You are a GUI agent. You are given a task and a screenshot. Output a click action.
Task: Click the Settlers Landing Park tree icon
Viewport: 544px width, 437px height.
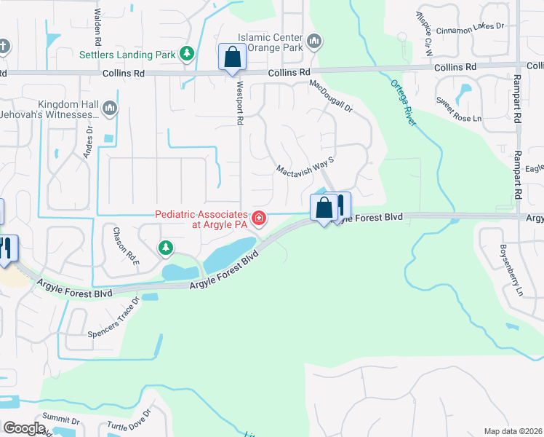point(188,53)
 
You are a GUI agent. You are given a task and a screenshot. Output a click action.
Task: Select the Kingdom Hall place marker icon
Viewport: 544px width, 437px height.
point(110,109)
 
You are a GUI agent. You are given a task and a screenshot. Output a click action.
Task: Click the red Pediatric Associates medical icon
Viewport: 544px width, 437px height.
point(258,218)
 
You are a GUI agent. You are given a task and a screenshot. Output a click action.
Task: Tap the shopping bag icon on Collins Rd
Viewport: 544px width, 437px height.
point(232,57)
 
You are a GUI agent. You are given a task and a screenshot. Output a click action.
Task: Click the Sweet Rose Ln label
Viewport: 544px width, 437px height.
point(458,109)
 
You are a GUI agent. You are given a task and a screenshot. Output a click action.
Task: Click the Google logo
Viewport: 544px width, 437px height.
point(24,428)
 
